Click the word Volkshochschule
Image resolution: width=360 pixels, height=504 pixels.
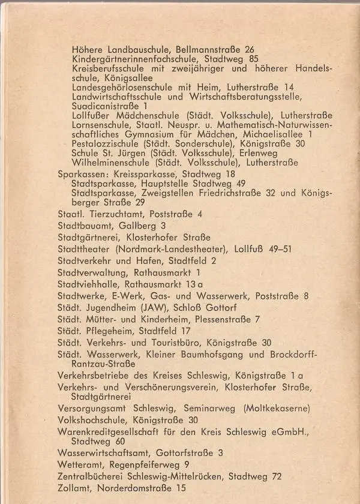pyautogui.click(x=91, y=420)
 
